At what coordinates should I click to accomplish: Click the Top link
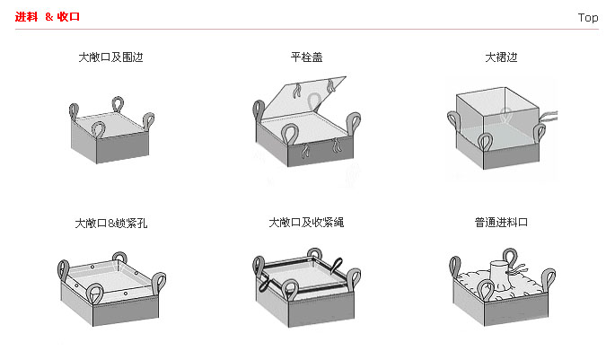click(x=588, y=17)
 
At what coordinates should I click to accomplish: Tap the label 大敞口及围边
click(x=110, y=57)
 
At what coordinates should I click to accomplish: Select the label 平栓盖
click(x=306, y=57)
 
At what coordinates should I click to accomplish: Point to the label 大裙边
click(x=501, y=57)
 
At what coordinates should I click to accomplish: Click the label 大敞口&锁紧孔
click(x=111, y=222)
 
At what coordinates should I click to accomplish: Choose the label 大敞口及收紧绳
click(x=306, y=222)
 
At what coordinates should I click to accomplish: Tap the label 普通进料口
click(x=501, y=222)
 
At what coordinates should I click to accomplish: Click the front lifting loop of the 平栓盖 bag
click(x=291, y=135)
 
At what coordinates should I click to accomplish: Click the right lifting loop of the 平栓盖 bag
click(x=355, y=122)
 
